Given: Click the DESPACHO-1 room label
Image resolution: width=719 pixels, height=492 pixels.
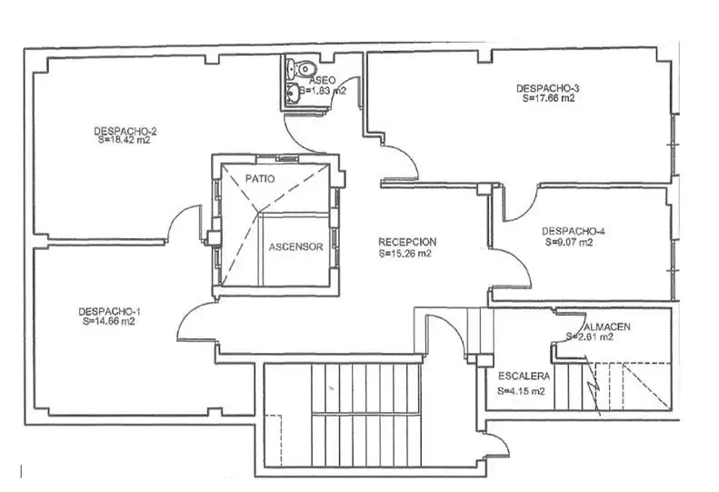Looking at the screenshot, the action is pyautogui.click(x=109, y=312).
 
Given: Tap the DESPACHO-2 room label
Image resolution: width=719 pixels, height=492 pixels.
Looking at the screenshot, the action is pyautogui.click(x=125, y=131).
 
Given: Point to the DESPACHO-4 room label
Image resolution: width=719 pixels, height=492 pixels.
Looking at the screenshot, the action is pyautogui.click(x=574, y=231).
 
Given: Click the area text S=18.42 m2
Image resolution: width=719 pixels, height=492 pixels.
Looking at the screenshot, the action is pyautogui.click(x=125, y=140).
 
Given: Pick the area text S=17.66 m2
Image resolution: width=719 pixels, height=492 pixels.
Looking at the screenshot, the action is pyautogui.click(x=549, y=98).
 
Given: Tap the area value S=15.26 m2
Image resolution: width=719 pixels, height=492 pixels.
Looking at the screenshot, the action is pyautogui.click(x=405, y=254).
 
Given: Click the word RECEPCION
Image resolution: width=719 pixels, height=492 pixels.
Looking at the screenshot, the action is pyautogui.click(x=407, y=242).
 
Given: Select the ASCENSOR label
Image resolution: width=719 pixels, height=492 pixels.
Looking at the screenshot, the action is pyautogui.click(x=295, y=247).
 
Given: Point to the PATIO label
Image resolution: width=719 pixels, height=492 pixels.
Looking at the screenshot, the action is pyautogui.click(x=260, y=178).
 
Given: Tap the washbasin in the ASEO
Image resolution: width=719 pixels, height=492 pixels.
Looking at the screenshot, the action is pyautogui.click(x=292, y=94).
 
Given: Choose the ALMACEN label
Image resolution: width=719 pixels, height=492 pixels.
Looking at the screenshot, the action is pyautogui.click(x=607, y=326).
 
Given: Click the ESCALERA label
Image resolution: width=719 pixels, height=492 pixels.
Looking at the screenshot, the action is pyautogui.click(x=524, y=377).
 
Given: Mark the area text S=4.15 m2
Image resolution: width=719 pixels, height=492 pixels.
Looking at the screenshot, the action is pyautogui.click(x=522, y=391).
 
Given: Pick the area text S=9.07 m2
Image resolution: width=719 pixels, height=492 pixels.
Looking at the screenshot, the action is pyautogui.click(x=569, y=242).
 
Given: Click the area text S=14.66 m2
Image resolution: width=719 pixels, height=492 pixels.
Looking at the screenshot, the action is pyautogui.click(x=109, y=321).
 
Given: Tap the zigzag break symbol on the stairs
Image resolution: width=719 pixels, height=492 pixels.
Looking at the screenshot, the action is pyautogui.click(x=593, y=385).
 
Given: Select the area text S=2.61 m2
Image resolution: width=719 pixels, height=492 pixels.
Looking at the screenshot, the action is pyautogui.click(x=590, y=336).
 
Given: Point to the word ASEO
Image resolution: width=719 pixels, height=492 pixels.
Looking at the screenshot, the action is pyautogui.click(x=323, y=81).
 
